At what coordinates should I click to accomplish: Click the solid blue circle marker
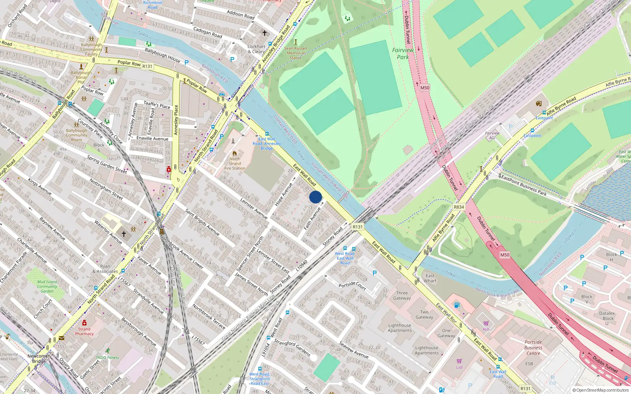point(315,197)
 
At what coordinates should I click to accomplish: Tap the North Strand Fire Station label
point(235,164)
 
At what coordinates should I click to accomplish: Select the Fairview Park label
point(403,54)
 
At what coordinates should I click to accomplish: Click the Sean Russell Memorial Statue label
point(295,53)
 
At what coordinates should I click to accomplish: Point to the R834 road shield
point(459,207)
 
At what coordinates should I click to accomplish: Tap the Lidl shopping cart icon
point(459,361)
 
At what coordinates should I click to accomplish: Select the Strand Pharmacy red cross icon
point(84,323)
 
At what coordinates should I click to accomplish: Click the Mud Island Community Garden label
point(47,286)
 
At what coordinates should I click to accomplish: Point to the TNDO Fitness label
point(107,358)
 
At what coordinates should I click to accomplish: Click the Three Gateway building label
point(402,295)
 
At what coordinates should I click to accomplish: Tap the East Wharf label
point(430,278)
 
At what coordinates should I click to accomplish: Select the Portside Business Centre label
point(533,348)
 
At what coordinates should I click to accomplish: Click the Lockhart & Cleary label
point(256,49)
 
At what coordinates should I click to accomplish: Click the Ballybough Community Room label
point(77,135)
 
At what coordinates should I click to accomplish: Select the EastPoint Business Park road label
point(523,185)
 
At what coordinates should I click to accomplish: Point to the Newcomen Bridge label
point(39,359)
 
